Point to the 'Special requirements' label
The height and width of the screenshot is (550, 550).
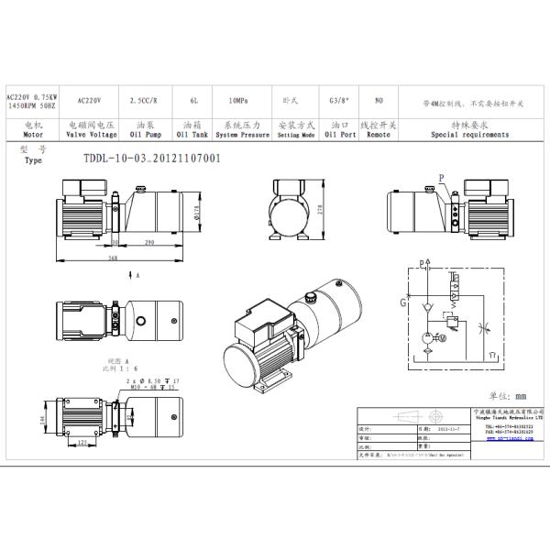469,134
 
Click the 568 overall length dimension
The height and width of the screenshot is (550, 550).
113,258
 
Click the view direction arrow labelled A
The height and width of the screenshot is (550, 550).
137,275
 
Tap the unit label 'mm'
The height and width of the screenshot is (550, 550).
521,396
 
